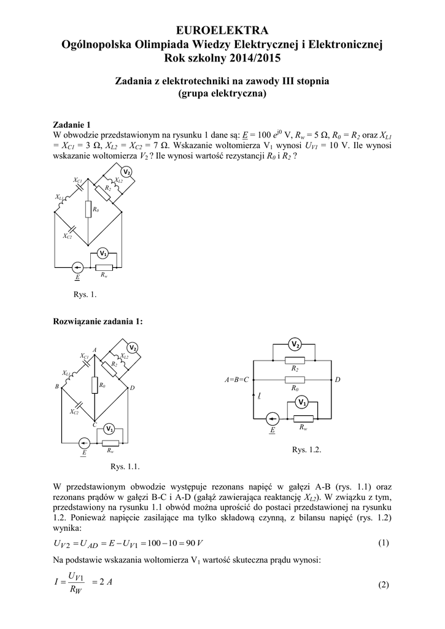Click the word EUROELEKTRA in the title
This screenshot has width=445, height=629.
pyautogui.click(x=222, y=31)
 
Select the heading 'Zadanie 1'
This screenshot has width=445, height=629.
pyautogui.click(x=75, y=123)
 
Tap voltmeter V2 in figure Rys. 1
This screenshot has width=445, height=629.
pyautogui.click(x=126, y=171)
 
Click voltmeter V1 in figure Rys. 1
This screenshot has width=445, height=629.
pyautogui.click(x=104, y=254)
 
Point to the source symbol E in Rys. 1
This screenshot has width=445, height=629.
pyautogui.click(x=77, y=267)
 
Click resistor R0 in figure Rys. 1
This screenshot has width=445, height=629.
pyautogui.click(x=88, y=210)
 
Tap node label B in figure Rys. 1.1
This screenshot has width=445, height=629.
pyautogui.click(x=56, y=386)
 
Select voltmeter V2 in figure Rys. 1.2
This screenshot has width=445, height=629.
pyautogui.click(x=295, y=343)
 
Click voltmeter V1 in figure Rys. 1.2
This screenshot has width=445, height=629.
pyautogui.click(x=301, y=402)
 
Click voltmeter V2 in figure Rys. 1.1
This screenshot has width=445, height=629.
pyautogui.click(x=133, y=348)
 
